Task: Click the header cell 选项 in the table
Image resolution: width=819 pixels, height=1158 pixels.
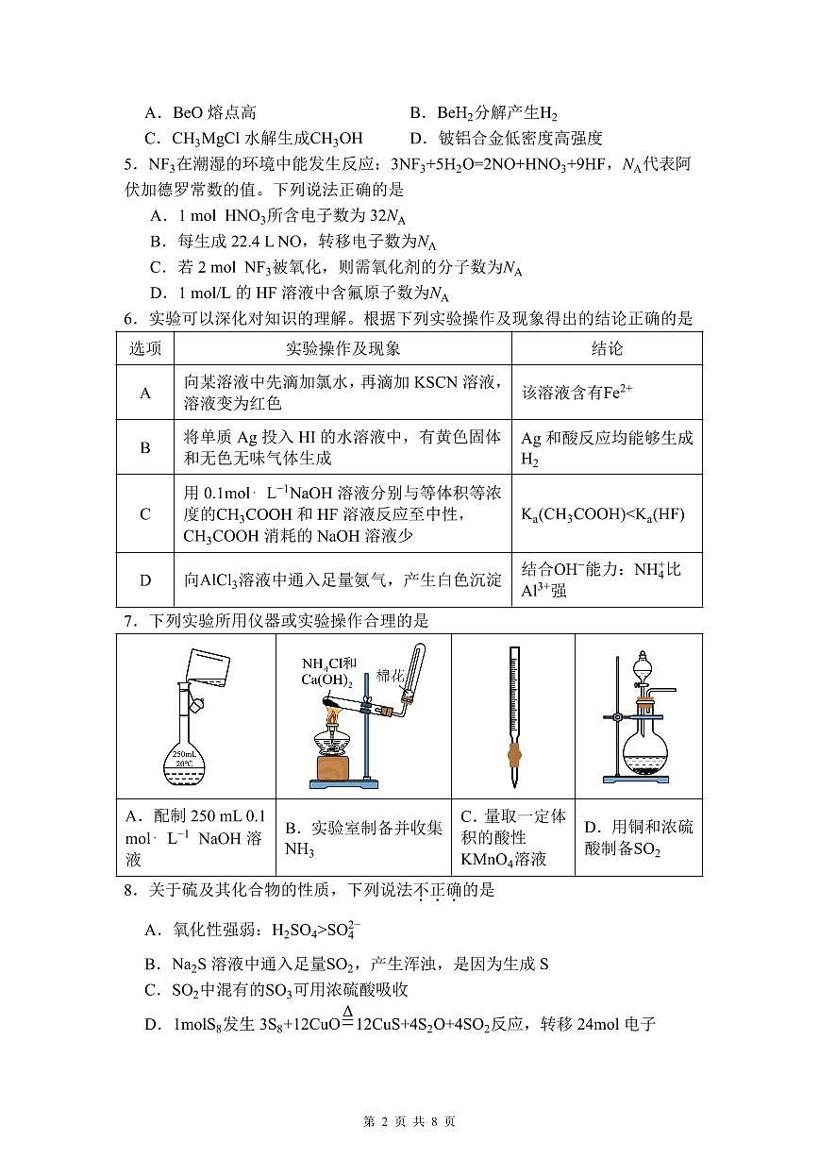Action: tap(145, 348)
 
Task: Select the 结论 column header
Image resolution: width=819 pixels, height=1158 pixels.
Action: tap(607, 348)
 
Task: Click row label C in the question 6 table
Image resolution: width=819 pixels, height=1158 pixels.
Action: tap(145, 514)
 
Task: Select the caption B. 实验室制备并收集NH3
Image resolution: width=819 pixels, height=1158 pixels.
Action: tap(363, 838)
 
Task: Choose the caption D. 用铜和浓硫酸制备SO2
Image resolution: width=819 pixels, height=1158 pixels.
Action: tap(638, 838)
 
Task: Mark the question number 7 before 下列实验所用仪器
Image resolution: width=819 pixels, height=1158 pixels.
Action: tap(129, 620)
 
